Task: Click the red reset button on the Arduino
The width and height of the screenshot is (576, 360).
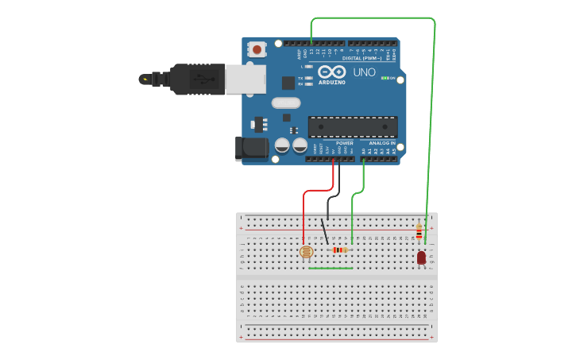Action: point(257,49)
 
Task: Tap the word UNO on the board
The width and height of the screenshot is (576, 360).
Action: point(364,72)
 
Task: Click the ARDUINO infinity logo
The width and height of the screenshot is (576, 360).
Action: point(331,72)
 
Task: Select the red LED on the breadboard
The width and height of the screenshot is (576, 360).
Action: point(421,257)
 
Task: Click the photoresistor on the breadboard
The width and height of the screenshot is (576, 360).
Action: point(306,252)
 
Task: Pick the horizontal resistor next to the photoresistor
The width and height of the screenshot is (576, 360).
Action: point(339,250)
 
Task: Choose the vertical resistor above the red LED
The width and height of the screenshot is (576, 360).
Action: point(419,232)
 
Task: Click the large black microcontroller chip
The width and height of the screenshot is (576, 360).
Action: point(353,126)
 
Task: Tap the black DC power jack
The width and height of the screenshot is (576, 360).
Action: point(253,148)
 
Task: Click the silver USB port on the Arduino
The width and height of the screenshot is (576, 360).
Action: point(245,79)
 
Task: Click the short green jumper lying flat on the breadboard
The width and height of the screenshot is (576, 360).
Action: point(331,268)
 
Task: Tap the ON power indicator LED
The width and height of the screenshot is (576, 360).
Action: point(385,78)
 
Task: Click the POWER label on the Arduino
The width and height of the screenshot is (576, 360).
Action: point(344,143)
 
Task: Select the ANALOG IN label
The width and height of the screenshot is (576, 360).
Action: point(382,143)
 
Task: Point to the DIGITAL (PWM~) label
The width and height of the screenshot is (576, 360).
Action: point(362,58)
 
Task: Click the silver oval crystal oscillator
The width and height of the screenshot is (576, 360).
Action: point(286,103)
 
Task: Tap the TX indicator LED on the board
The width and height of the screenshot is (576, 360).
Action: point(308,78)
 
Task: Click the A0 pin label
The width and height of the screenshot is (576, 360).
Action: point(364,150)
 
